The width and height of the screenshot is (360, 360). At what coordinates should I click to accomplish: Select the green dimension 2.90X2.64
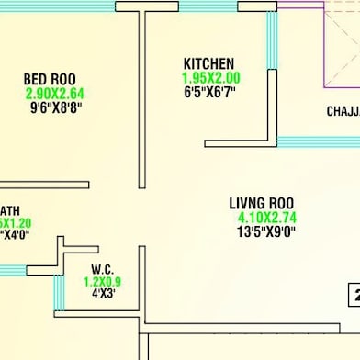coord(54,93)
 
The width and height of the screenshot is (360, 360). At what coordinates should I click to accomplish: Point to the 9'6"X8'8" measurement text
coord(56,107)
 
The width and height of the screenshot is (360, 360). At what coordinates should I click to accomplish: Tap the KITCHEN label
coord(208,63)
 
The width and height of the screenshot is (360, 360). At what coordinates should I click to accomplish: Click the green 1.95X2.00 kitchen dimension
coord(211,78)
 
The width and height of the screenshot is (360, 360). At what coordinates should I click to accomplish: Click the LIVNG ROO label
coord(261,203)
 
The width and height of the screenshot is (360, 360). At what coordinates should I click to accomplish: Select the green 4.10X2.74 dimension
coord(267,218)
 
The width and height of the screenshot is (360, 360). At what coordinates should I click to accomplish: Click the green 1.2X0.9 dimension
coord(102,283)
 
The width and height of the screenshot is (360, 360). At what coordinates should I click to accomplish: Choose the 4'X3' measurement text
coord(102,296)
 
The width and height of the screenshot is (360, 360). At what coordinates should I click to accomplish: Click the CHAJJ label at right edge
coord(343,112)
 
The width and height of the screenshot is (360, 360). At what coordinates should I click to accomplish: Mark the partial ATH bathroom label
coord(10,209)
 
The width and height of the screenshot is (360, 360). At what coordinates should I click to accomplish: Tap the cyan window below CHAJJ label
coord(318,141)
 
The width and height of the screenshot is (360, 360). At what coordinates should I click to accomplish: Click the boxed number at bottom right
coord(354,296)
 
